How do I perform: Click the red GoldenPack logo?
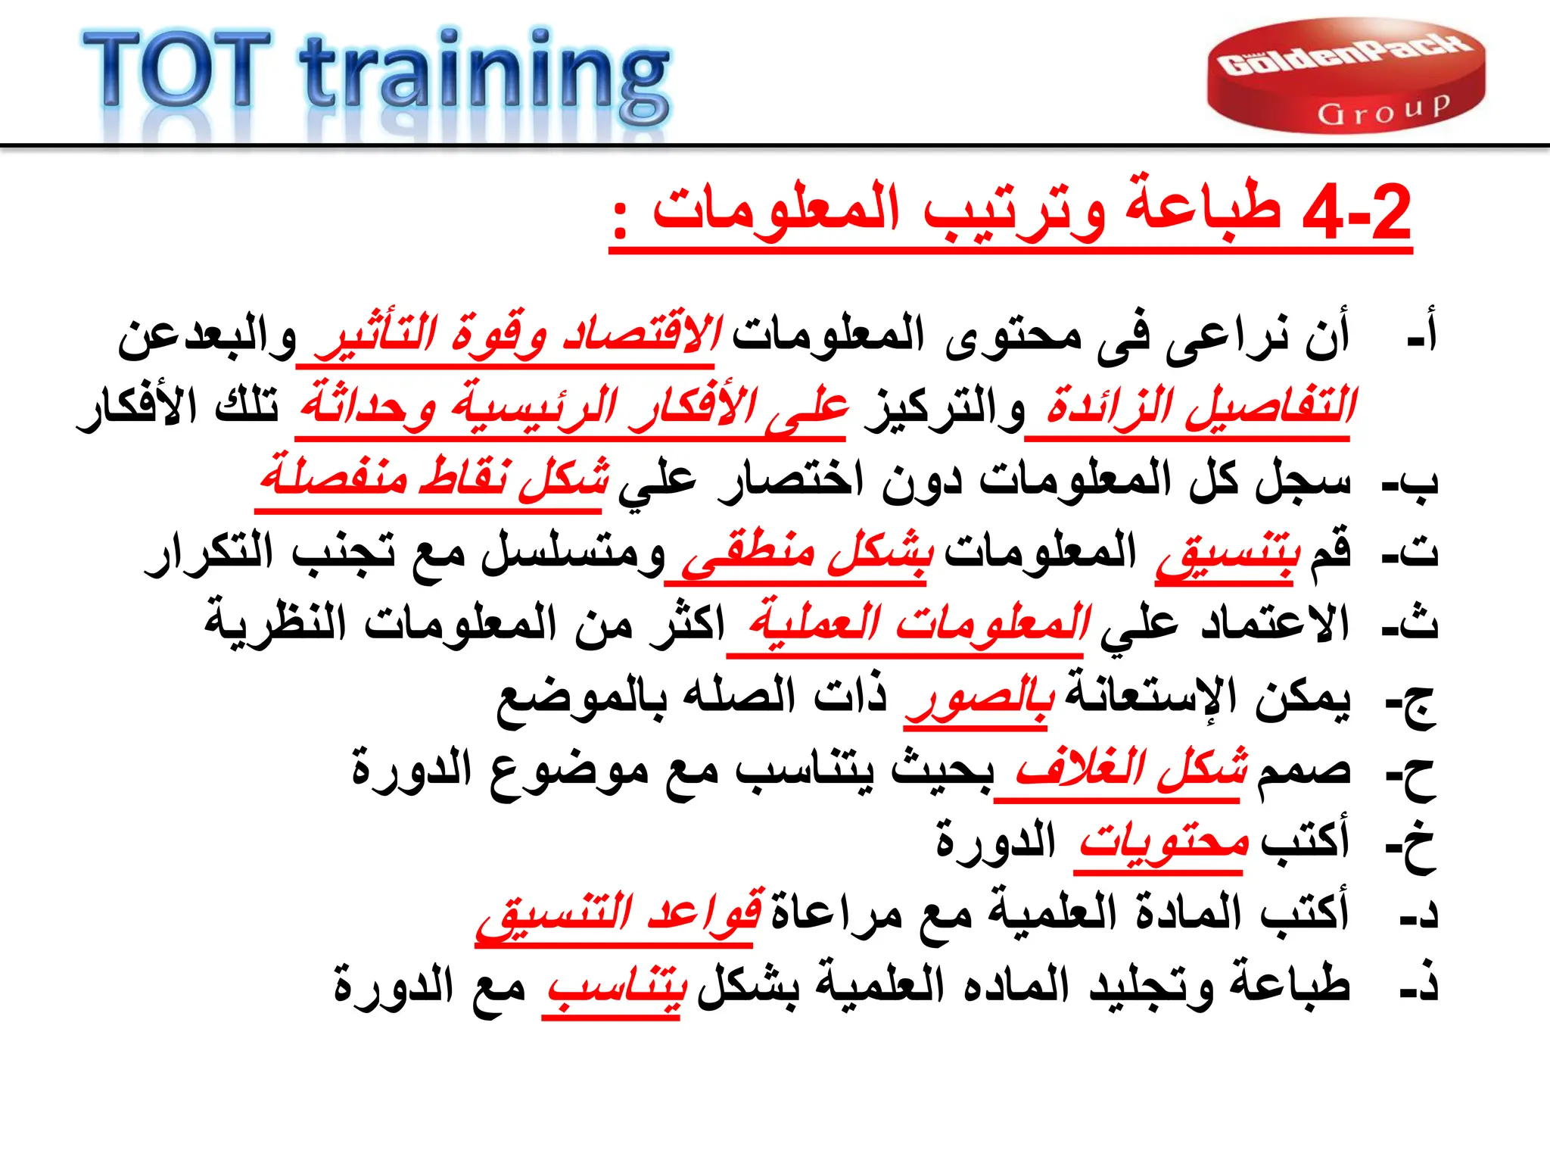pyautogui.click(x=1346, y=76)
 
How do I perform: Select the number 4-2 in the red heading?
pyautogui.click(x=1356, y=212)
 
